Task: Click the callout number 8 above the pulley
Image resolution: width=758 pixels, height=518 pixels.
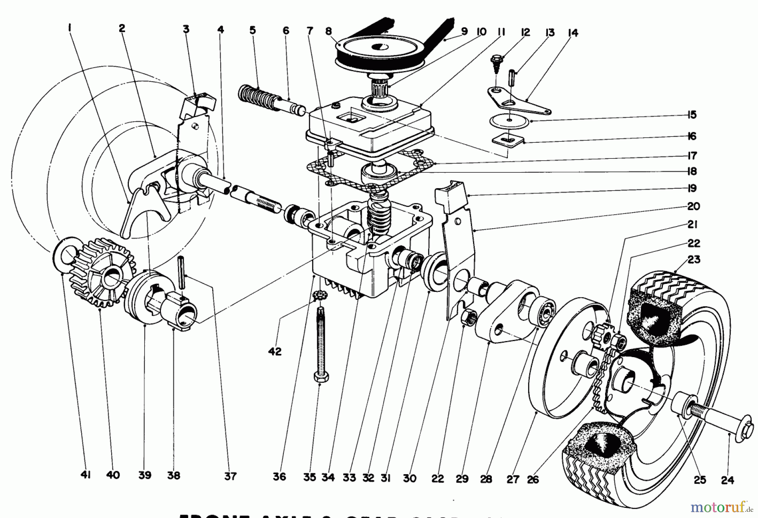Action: (x=328, y=31)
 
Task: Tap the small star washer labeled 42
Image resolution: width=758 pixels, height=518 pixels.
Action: (x=320, y=296)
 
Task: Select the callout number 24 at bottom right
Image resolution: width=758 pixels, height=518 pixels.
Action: (x=727, y=480)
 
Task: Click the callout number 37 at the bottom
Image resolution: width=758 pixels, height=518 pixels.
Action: (x=230, y=476)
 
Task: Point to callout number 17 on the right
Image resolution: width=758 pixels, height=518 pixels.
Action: (x=692, y=155)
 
